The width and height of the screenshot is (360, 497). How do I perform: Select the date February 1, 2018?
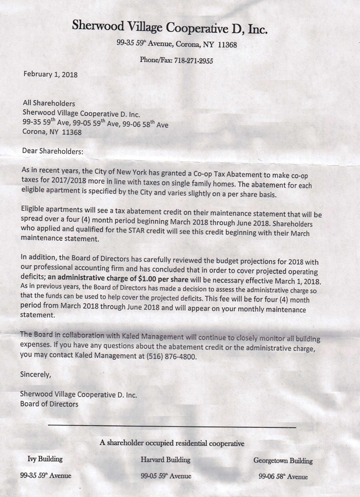click(50, 74)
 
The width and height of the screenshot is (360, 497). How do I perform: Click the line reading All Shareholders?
click(49, 103)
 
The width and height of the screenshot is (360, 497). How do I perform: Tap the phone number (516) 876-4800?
click(170, 356)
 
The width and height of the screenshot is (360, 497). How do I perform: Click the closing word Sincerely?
click(35, 375)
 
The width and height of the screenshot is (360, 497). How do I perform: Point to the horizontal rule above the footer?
click(172, 426)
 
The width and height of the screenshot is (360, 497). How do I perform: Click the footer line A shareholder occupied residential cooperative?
click(172, 443)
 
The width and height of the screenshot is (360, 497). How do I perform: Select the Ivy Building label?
click(45, 459)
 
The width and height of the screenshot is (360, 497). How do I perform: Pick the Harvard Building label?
click(165, 459)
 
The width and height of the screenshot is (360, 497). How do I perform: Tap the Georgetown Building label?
click(283, 461)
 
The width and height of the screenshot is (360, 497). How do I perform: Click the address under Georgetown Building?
click(283, 477)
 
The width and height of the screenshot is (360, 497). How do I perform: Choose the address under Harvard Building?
click(166, 476)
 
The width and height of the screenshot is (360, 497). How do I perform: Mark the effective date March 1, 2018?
click(296, 282)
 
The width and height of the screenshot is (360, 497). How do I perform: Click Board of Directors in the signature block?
click(49, 404)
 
